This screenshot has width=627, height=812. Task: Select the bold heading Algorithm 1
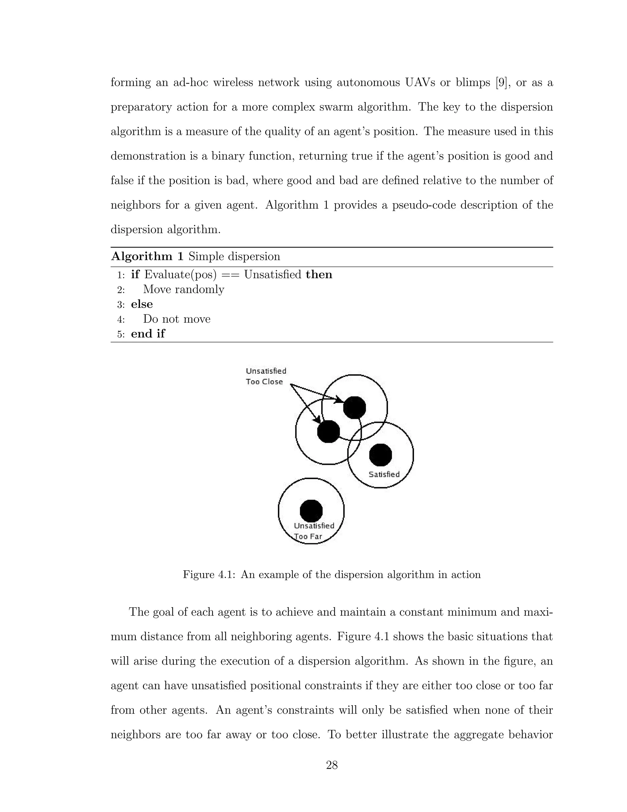click(x=148, y=256)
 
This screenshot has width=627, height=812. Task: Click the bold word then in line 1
click(x=319, y=275)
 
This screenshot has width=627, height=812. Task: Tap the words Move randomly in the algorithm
click(x=183, y=289)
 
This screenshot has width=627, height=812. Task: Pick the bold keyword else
click(x=142, y=304)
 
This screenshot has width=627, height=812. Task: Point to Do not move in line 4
click(x=177, y=319)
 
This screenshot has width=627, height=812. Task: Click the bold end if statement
click(x=148, y=334)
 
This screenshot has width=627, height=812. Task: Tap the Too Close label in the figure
click(x=264, y=382)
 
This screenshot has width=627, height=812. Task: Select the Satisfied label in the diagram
click(x=384, y=474)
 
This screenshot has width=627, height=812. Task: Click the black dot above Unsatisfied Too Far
click(x=311, y=511)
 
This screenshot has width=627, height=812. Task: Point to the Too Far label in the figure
click(x=308, y=537)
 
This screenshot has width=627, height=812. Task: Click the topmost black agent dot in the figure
click(x=354, y=408)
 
